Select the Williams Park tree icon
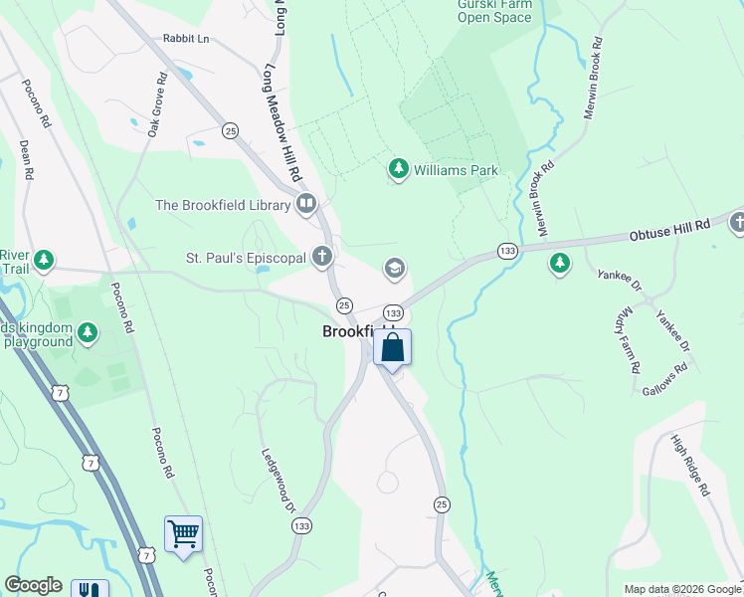(399, 170)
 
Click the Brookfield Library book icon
(305, 205)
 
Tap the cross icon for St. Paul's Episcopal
(321, 258)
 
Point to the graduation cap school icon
(394, 269)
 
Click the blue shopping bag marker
(392, 348)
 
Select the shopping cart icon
(183, 534)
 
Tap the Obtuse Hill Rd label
(670, 232)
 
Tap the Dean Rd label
(26, 159)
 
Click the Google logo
(34, 585)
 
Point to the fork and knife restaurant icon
(90, 589)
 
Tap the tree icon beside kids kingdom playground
(89, 332)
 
